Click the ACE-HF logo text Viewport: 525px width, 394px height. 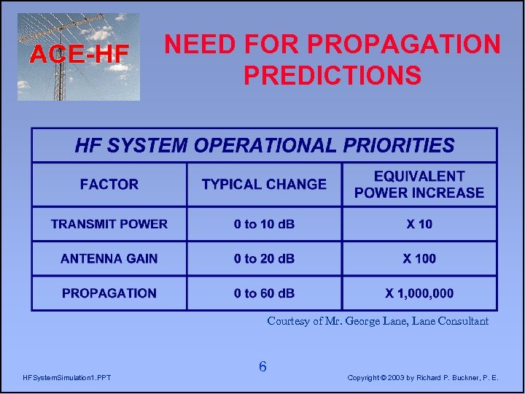pyautogui.click(x=79, y=53)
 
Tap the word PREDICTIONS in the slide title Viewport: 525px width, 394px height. pyautogui.click(x=332, y=75)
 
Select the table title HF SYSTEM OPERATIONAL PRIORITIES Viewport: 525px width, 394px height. pyautogui.click(x=264, y=145)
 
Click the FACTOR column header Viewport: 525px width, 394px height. pyautogui.click(x=109, y=185)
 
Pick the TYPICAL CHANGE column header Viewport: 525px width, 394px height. pyautogui.click(x=264, y=185)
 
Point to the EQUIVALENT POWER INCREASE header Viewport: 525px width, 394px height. pyautogui.click(x=419, y=185)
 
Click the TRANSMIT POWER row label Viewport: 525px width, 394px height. pyautogui.click(x=109, y=224)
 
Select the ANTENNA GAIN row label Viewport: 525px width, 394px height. pyautogui.click(x=109, y=258)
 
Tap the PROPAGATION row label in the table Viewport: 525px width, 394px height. pyautogui.click(x=109, y=293)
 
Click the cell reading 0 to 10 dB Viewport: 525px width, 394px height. pyautogui.click(x=264, y=224)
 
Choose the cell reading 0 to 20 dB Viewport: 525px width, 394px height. pyautogui.click(x=264, y=258)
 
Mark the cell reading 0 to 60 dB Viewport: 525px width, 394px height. pyautogui.click(x=264, y=293)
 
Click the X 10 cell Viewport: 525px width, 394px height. pyautogui.click(x=419, y=224)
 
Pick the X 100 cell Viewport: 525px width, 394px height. pyautogui.click(x=419, y=258)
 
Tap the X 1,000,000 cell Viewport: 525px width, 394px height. pyautogui.click(x=419, y=293)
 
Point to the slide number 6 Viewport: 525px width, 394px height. pyautogui.click(x=262, y=367)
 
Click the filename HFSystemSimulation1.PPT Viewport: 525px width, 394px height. pyautogui.click(x=67, y=378)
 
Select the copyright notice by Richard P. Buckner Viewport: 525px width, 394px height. pyautogui.click(x=423, y=378)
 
